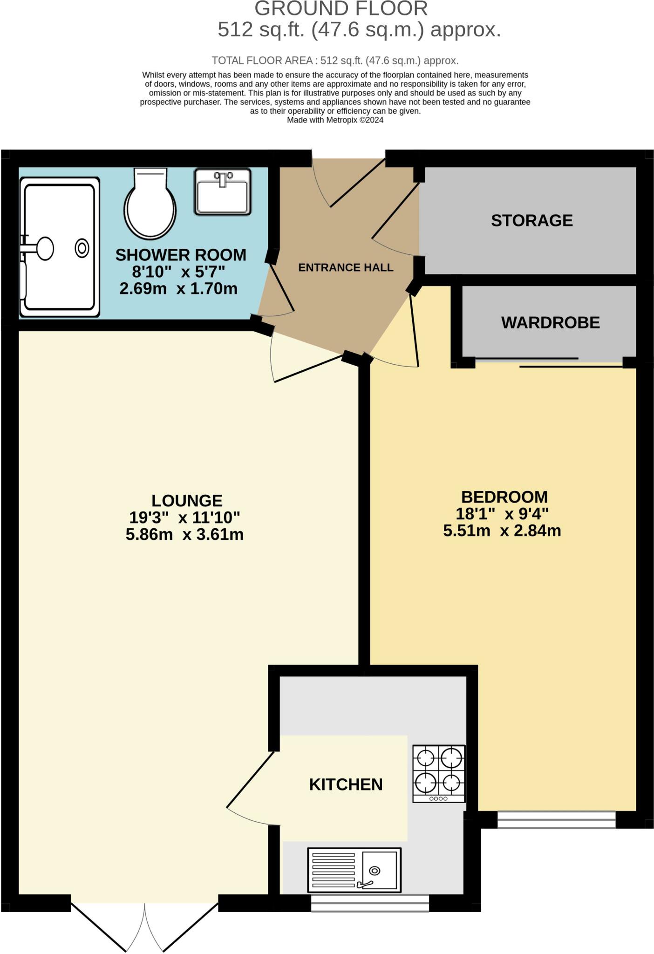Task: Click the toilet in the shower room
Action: (150, 204)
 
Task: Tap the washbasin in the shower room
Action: (223, 192)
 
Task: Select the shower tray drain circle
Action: (82, 248)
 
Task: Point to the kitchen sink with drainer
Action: (354, 869)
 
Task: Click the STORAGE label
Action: (531, 220)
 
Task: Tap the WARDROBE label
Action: (550, 322)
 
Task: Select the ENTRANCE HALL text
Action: (346, 267)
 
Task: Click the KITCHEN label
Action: (346, 784)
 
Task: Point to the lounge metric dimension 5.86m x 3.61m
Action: (184, 534)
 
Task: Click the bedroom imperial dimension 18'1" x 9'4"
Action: (502, 514)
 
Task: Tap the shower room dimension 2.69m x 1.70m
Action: (178, 289)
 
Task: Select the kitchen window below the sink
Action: (370, 903)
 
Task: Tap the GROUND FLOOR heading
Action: (341, 9)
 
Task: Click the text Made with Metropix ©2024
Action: (335, 120)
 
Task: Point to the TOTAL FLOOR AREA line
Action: (335, 61)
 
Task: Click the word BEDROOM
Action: (504, 497)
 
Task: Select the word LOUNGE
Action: (187, 500)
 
